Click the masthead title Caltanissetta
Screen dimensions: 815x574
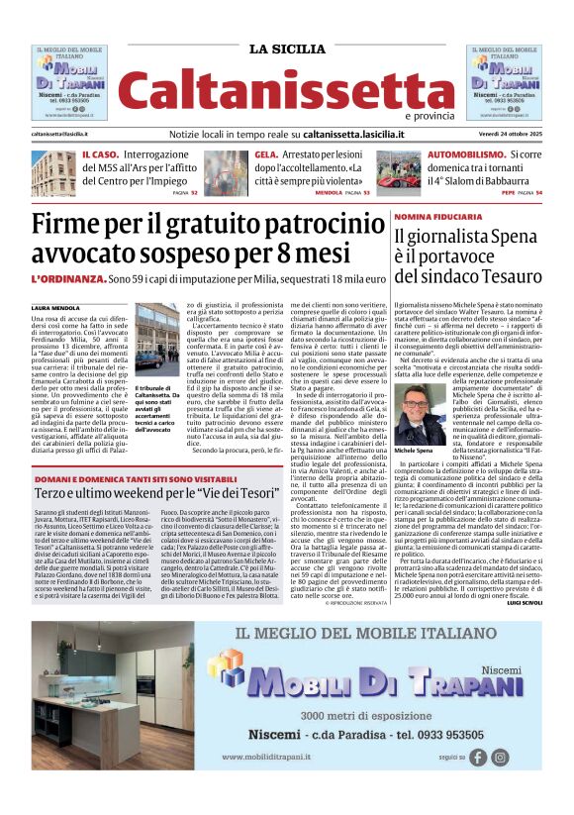(287, 90)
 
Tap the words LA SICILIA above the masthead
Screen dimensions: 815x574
(287, 50)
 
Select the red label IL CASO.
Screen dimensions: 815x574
(100, 155)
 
